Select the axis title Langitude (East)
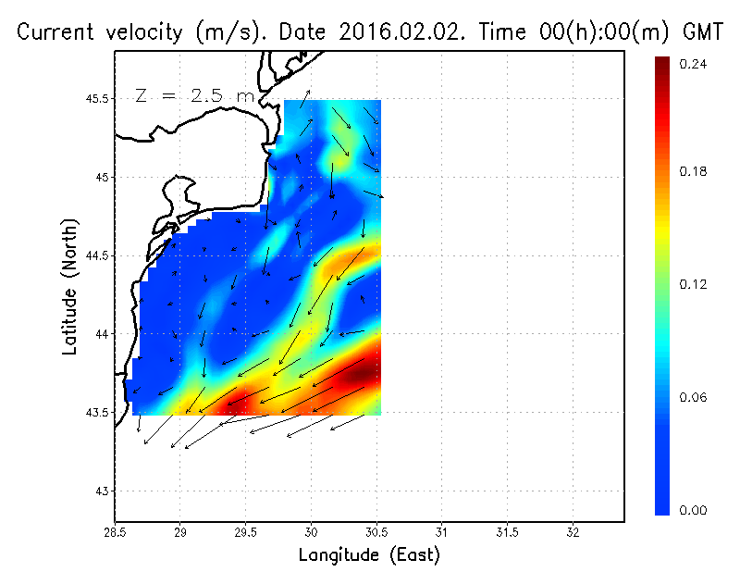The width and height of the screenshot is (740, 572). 369,555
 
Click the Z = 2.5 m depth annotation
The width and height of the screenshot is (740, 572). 193,95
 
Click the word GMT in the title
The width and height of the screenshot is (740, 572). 703,32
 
